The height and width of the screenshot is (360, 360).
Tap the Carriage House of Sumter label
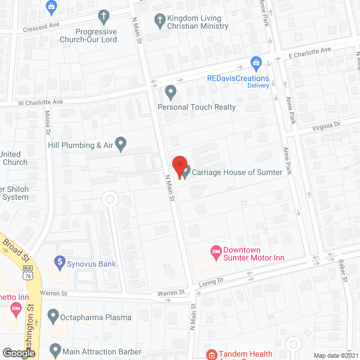236,172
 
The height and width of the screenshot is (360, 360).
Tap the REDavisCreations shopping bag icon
256,62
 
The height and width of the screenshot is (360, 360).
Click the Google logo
19,353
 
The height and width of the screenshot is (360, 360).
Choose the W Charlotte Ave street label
40,102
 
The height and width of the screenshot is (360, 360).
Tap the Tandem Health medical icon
211,355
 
